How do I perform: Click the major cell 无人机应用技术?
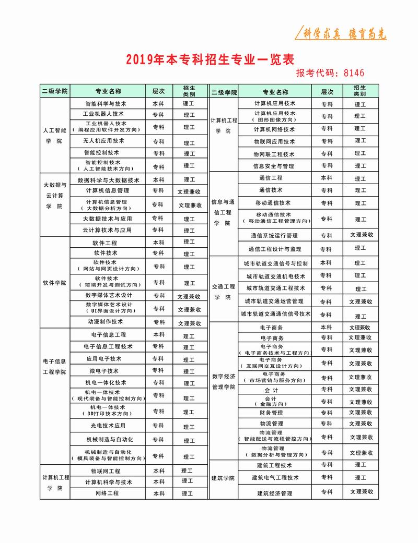pyautogui.click(x=103, y=141)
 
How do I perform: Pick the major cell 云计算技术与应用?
pyautogui.click(x=107, y=230)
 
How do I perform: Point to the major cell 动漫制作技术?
pyautogui.click(x=106, y=322)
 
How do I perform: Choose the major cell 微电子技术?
pyautogui.click(x=104, y=371)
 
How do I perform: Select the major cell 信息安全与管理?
pyautogui.click(x=273, y=166)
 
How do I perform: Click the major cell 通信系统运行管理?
pyautogui.click(x=274, y=236)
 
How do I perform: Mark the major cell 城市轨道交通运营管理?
pyautogui.click(x=274, y=301)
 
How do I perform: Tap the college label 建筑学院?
pyautogui.click(x=223, y=478)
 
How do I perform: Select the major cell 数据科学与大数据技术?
pyautogui.click(x=109, y=180)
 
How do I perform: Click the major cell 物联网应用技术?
pyautogui.click(x=274, y=141)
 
